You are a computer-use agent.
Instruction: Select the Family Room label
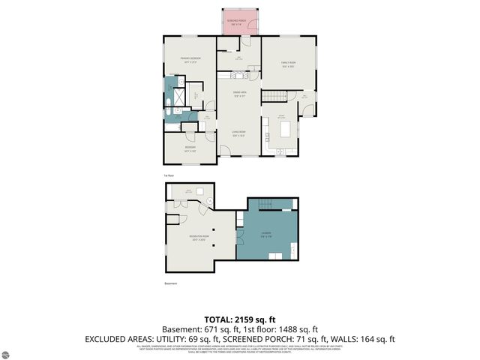pos(288,64)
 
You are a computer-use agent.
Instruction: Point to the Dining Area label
pos(239,95)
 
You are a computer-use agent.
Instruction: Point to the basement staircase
pos(264,205)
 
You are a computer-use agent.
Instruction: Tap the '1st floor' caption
pos(169,174)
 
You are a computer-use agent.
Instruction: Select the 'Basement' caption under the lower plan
pos(170,283)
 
